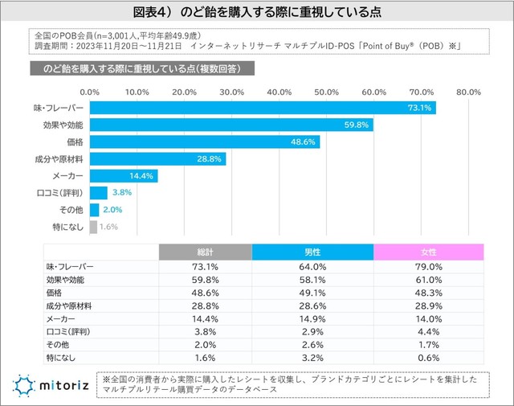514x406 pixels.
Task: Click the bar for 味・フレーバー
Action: [263, 108]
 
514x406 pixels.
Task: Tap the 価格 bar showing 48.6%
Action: [205, 141]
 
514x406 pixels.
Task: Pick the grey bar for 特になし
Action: [94, 227]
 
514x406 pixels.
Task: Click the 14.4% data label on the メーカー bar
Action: [141, 175]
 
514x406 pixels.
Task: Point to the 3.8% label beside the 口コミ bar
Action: [121, 193]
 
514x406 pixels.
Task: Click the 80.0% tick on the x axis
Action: [468, 92]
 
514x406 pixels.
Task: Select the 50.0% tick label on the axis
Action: [326, 92]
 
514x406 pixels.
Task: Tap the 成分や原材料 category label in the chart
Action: [63, 158]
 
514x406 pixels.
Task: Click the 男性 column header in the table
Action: [313, 252]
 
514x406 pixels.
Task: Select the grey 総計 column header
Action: [205, 252]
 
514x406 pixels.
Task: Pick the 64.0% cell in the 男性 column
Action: [313, 267]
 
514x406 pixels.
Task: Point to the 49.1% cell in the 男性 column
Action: [313, 293]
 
